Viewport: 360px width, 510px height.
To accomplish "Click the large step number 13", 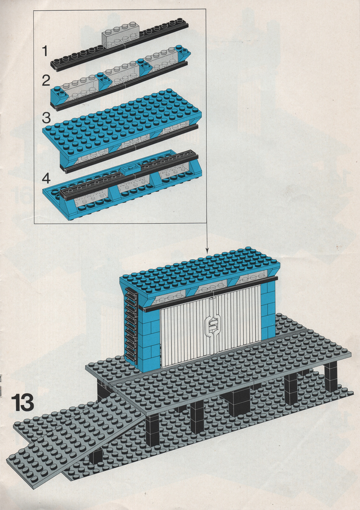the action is click(22, 403).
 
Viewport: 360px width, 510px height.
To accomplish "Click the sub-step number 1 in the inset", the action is click(45, 51).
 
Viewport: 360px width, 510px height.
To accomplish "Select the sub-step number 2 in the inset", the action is click(46, 81).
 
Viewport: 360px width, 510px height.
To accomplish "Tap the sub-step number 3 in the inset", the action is click(46, 118).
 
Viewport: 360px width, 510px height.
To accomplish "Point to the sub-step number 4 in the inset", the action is click(46, 178).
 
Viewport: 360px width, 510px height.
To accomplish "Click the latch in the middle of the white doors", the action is click(212, 326).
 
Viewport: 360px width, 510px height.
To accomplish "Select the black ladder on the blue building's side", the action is click(131, 325).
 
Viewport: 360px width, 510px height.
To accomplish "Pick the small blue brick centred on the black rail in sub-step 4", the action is click(130, 170).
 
